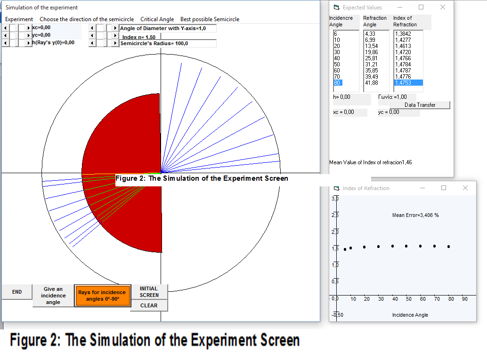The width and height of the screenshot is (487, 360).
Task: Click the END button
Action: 17,292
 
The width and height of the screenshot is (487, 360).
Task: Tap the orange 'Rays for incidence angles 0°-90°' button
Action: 102,296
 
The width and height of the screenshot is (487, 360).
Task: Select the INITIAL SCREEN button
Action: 149,292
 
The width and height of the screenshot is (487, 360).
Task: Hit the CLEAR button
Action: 149,305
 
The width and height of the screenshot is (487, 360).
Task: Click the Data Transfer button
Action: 420,105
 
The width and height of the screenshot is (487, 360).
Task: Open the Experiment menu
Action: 19,19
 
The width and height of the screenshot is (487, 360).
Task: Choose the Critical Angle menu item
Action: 157,19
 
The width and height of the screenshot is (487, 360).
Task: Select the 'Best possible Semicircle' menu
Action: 210,19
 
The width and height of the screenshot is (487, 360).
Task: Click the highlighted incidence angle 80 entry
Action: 337,83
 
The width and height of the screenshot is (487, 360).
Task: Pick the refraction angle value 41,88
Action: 372,83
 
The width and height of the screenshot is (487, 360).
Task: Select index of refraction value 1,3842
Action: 403,33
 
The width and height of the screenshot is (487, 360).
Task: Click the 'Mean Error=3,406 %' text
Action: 415,215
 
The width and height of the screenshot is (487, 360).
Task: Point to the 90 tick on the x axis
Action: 465,299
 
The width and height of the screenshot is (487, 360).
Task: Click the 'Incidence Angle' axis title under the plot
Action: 410,315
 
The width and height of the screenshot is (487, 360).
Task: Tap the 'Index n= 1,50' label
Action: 139,37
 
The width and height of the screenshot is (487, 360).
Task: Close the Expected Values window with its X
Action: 443,7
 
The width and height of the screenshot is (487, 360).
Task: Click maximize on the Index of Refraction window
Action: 444,188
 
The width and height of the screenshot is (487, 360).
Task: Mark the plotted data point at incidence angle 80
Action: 448,247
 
